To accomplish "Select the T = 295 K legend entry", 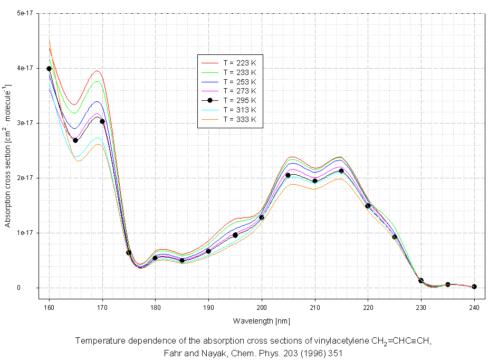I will click(x=239, y=100).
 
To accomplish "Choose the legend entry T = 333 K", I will click(x=239, y=119).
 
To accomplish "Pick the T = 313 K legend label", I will click(x=239, y=110).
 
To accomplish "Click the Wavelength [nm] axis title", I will click(x=262, y=321).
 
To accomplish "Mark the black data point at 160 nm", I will click(x=49, y=69).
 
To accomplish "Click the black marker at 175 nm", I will click(x=129, y=252).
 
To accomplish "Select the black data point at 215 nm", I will click(x=341, y=170).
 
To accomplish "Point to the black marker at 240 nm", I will click(x=474, y=287).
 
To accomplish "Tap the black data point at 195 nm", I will click(x=235, y=235).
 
